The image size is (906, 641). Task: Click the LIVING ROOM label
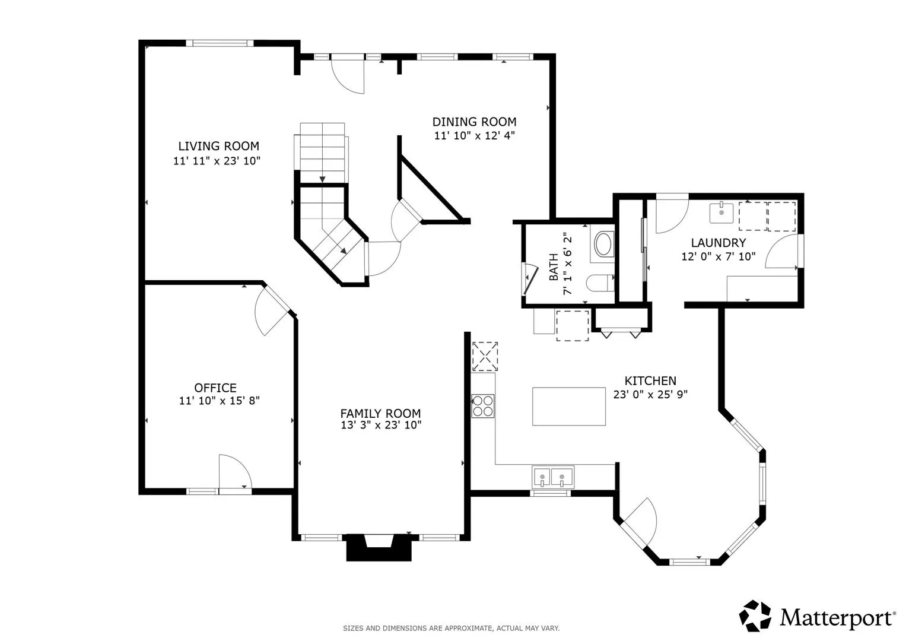218,146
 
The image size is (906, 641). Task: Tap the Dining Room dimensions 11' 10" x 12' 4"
474,135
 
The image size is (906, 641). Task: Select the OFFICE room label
215,388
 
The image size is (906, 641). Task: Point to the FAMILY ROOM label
380,413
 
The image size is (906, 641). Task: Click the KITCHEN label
650,381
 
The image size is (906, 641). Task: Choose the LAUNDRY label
718,243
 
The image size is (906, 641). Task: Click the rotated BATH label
554,267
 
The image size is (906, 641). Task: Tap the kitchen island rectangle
568,407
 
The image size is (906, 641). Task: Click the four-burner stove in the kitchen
483,406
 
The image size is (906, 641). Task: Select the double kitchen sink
552,477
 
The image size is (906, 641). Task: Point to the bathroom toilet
600,283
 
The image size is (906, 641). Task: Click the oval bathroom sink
604,243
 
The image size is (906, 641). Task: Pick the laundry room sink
721,213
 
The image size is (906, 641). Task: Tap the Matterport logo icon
755,615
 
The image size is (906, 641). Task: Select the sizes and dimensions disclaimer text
452,629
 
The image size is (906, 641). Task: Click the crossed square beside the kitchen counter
485,357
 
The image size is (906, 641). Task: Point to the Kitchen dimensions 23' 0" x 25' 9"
650,394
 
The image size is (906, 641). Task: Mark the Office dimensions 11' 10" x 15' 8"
219,401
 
